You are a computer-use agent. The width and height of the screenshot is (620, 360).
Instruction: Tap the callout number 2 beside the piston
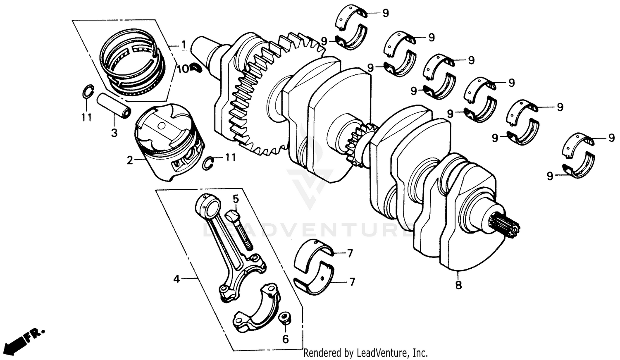130,160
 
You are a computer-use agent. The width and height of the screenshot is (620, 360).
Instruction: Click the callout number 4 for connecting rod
176,279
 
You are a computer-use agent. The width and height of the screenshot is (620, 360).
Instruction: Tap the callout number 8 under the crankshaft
458,285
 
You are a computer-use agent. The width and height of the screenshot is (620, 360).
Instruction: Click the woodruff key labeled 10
196,67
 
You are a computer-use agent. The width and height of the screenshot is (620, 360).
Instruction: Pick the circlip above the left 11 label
87,92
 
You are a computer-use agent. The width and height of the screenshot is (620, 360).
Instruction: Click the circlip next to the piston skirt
210,163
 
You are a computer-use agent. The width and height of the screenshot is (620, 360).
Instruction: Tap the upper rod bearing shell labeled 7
314,255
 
